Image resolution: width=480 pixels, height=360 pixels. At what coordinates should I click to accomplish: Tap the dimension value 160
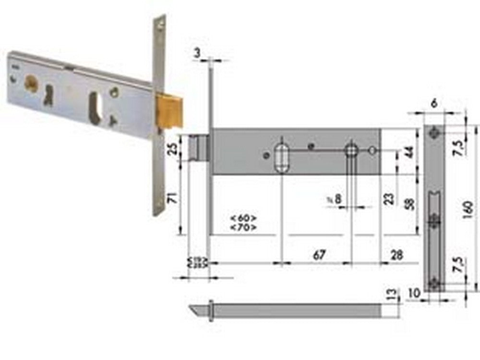(469, 208)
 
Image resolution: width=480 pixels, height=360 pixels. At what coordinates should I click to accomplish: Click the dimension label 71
(172, 196)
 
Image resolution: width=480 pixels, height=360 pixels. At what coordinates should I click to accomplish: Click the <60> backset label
(243, 217)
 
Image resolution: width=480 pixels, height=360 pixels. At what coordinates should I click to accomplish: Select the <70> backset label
(243, 227)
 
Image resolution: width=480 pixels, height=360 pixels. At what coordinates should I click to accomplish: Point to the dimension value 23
(389, 198)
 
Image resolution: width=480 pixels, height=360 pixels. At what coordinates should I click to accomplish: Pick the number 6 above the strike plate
(434, 103)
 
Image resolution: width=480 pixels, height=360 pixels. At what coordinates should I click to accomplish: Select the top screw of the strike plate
(434, 132)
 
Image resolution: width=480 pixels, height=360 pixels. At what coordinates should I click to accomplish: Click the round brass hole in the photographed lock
(31, 83)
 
